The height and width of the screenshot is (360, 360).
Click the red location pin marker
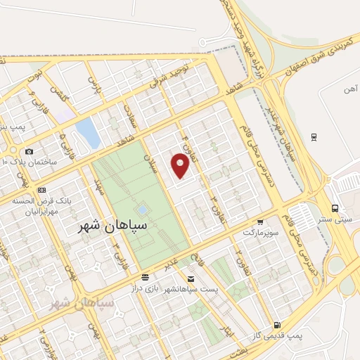181,165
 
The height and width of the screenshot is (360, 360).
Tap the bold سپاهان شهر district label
112,226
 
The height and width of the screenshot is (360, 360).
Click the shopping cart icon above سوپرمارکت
260,221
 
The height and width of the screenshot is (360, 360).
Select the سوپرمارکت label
261,231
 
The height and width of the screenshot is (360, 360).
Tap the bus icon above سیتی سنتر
335,208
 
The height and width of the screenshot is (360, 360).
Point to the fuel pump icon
277,325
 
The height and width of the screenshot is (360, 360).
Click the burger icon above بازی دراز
145,277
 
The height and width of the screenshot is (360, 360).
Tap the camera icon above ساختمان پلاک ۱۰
29,151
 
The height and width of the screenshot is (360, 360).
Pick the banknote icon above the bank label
42,190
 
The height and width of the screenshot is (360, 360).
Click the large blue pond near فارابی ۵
88,131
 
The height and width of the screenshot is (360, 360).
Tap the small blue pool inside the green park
142,210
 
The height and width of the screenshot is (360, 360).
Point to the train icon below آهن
314,136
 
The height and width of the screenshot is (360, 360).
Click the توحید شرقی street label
169,76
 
